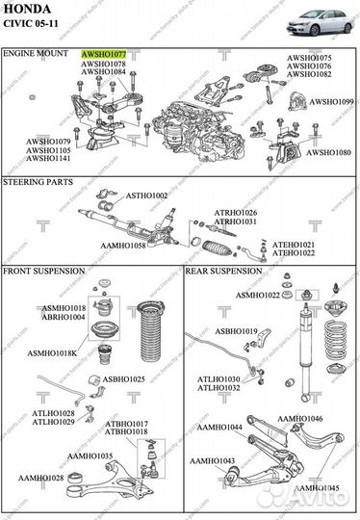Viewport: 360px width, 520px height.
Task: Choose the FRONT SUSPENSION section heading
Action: tap(44, 272)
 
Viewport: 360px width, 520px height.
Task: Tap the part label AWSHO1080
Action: tap(330, 152)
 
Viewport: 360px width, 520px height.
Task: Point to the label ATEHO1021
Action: tap(294, 245)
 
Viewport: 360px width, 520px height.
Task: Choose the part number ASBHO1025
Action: tap(124, 379)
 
